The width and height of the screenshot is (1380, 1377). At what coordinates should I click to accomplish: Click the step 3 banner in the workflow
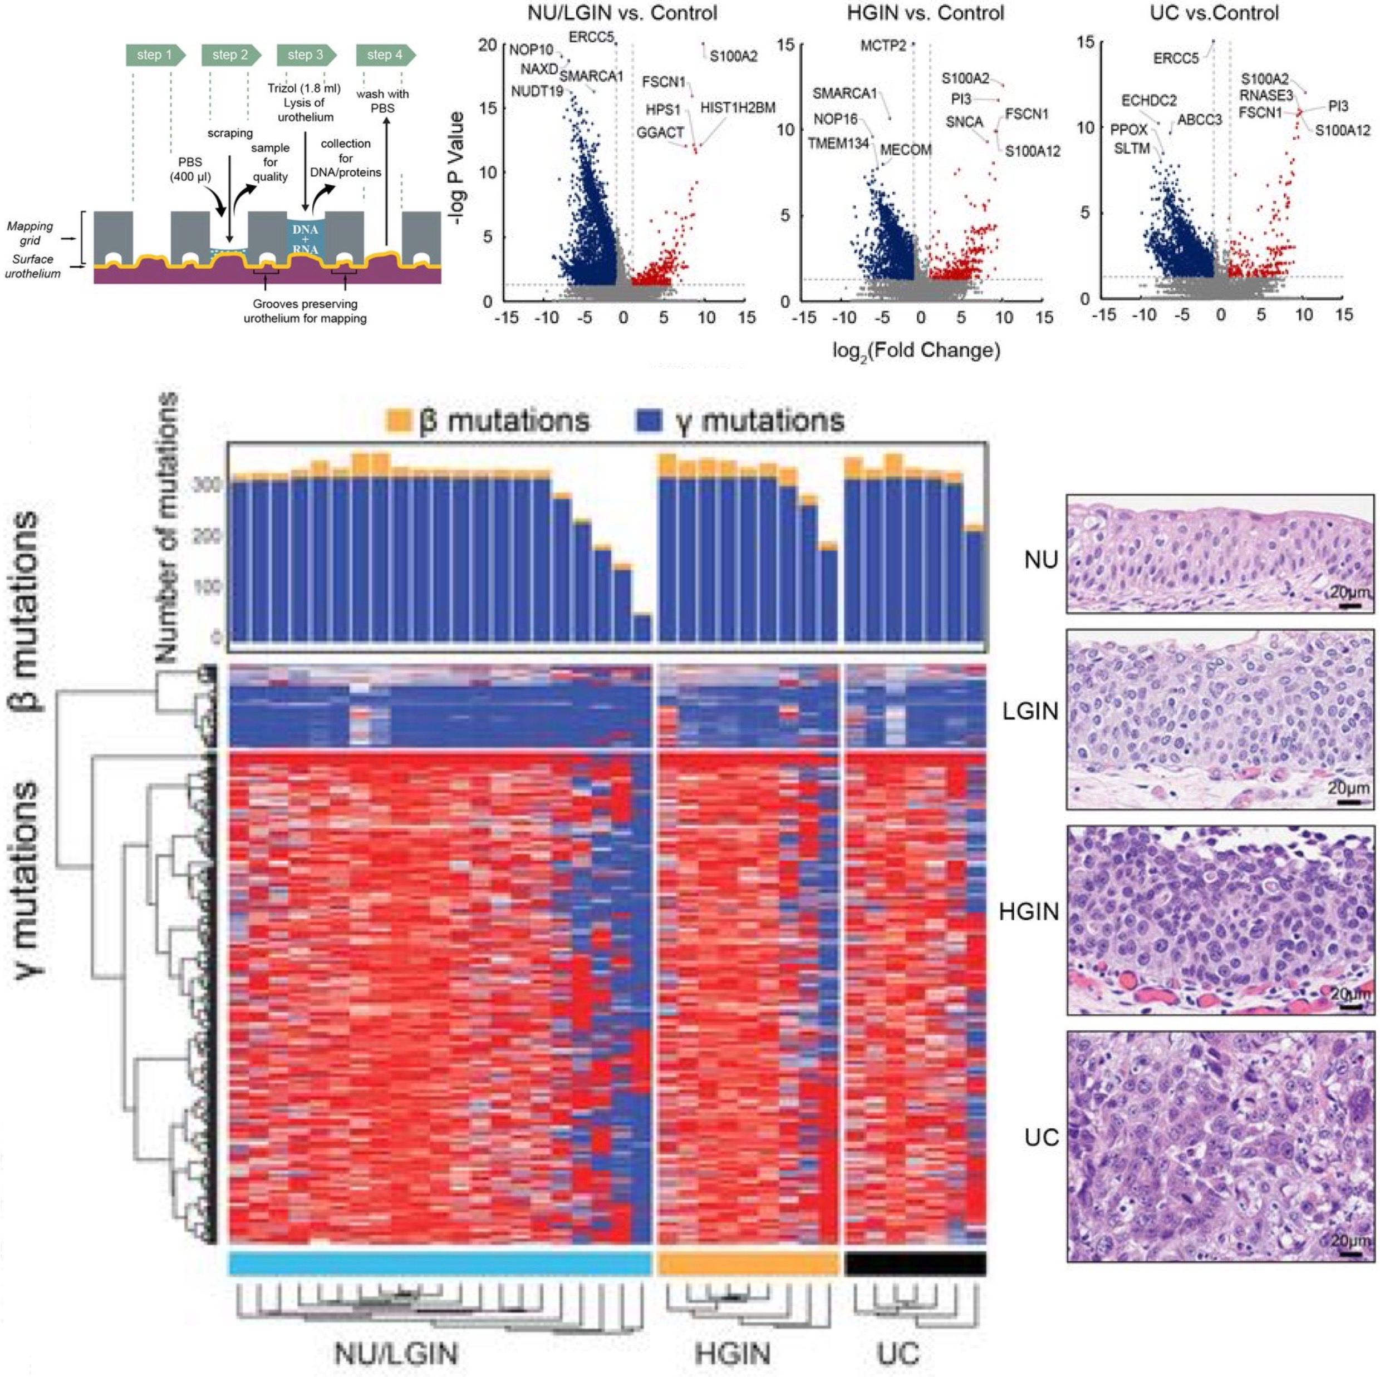305,55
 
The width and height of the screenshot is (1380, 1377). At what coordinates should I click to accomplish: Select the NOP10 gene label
531,50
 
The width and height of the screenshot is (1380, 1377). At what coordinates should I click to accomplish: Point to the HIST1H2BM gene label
737,108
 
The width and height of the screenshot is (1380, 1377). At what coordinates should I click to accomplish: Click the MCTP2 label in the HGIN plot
883,46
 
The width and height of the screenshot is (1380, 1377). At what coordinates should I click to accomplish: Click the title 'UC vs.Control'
1214,13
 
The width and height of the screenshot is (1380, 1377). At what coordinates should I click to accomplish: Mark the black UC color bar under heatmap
915,1264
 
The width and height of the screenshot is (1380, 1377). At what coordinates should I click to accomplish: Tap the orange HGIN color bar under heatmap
747,1264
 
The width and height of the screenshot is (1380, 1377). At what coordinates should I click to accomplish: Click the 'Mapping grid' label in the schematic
30,233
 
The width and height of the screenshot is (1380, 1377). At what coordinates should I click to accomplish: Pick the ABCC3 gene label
1199,120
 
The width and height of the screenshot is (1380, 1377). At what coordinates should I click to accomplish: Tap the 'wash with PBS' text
383,101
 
